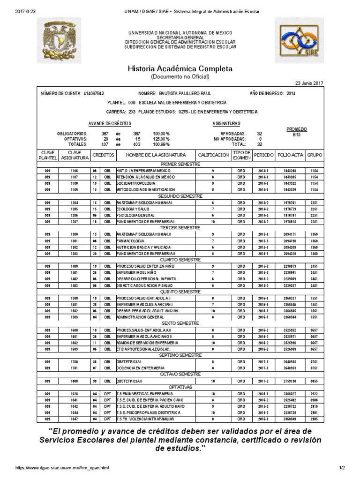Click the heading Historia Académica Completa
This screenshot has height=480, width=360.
coord(180,68)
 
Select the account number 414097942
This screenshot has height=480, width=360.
coord(94,93)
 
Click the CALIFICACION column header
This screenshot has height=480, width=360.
coord(213,155)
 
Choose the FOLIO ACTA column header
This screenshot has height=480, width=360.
coord(290,155)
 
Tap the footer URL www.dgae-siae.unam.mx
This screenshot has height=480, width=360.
coord(62,468)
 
